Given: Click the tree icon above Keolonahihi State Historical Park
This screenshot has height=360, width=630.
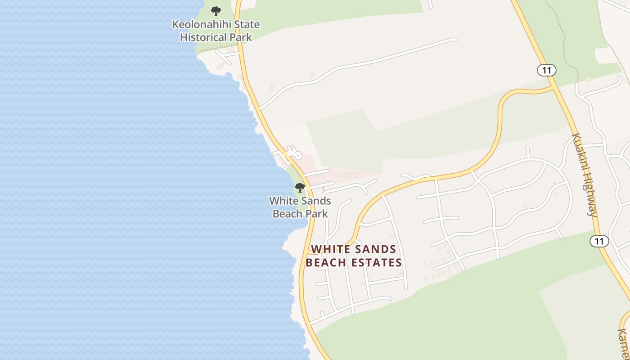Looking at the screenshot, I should (x=216, y=11).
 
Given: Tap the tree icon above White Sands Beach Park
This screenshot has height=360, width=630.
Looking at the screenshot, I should (x=300, y=187).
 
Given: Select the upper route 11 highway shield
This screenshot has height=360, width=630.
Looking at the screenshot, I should (x=547, y=70).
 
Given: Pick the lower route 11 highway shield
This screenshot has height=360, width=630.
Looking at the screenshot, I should (x=599, y=241).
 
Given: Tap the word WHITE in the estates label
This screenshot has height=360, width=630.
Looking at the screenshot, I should (x=330, y=249).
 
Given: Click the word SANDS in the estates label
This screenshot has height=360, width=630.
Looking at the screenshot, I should (x=376, y=249).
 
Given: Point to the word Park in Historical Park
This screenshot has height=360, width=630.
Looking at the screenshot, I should (x=241, y=37).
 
